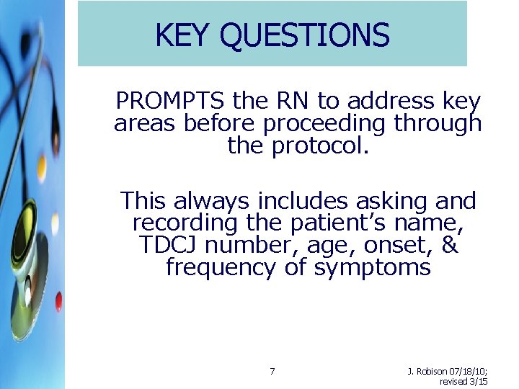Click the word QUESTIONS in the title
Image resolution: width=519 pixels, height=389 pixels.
[x=305, y=35]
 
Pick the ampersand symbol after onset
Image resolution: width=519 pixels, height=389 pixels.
[x=451, y=245]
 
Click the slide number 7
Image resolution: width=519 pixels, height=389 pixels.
[x=272, y=372]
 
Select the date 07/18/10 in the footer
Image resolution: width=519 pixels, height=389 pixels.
[x=469, y=372]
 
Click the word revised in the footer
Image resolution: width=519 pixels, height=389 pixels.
[x=454, y=381]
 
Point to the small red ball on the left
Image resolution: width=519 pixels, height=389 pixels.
[x=58, y=301]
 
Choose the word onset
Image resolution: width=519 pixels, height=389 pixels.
[x=396, y=245]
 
